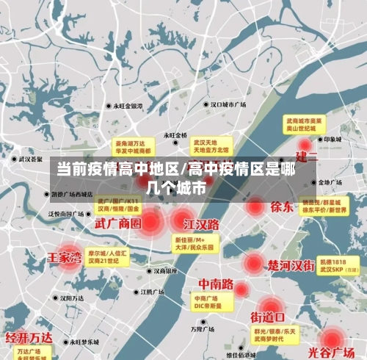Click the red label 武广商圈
pos(117,223)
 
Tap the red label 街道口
pos(267,317)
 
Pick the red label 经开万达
pos(29,337)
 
